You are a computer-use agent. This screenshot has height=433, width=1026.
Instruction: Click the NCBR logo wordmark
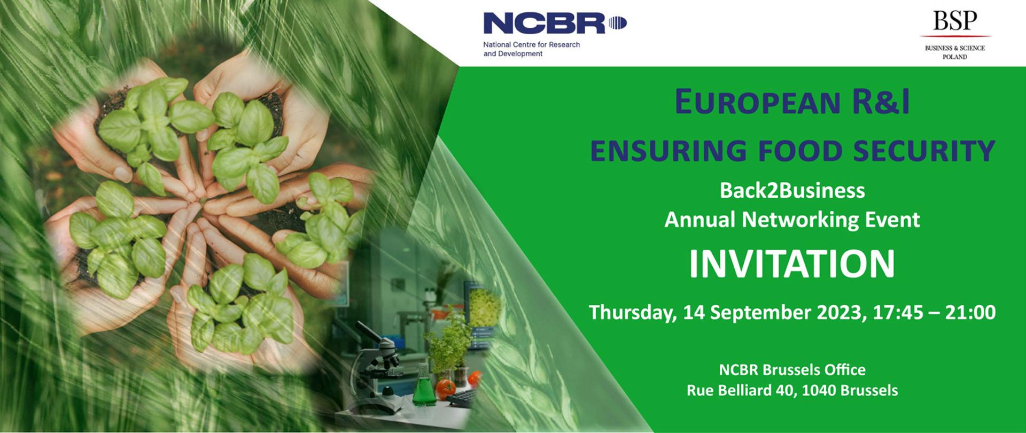coord(544,24)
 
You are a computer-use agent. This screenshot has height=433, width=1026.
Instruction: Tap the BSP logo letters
coord(955,21)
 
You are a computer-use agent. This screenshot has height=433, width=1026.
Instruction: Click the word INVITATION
coord(792,264)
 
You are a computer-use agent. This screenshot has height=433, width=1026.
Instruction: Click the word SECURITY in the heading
coord(924,151)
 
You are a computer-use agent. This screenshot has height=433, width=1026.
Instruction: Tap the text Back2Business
coord(792,191)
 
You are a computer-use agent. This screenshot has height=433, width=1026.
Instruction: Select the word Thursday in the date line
coord(633,313)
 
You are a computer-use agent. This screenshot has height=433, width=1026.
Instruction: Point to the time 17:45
coord(898,312)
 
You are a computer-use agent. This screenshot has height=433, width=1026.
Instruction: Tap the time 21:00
coord(970,312)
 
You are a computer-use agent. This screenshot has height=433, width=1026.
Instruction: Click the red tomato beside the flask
coord(445,389)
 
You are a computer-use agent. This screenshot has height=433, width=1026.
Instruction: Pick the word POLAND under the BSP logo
coord(955,57)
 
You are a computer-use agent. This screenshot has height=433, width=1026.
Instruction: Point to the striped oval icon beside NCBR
coord(617,23)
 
